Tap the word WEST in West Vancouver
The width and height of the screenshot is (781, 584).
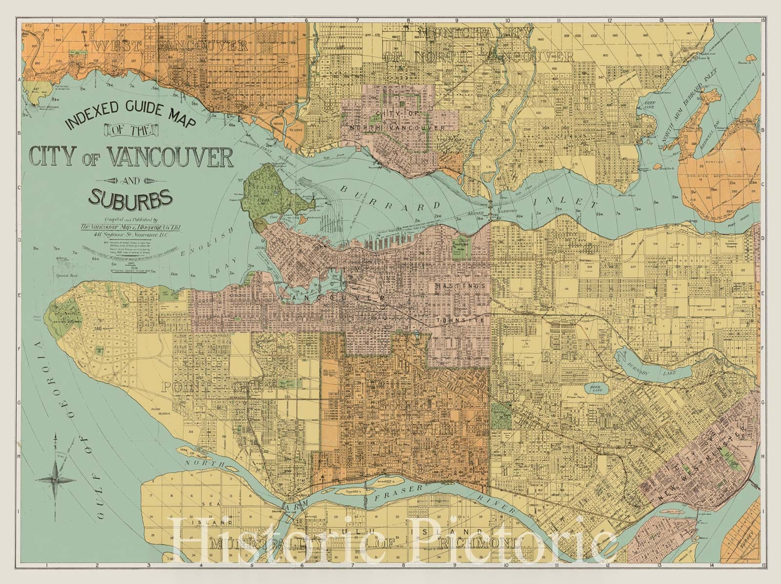coord(118,47)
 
